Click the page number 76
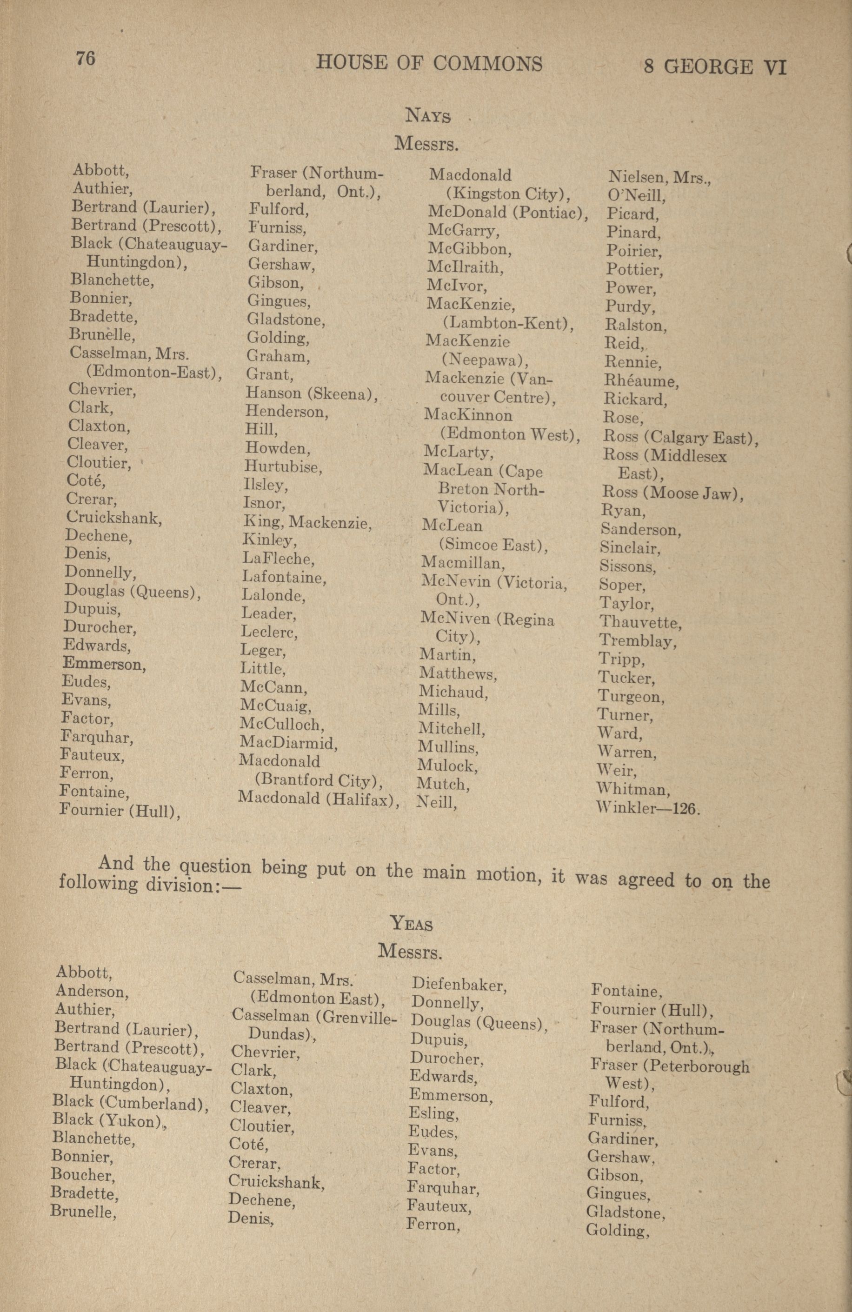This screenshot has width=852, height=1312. tap(86, 59)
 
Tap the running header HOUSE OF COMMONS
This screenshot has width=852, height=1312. tap(429, 63)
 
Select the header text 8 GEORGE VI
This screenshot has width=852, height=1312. tap(714, 67)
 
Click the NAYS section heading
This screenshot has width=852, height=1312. tap(428, 116)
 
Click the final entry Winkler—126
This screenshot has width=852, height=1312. tap(647, 809)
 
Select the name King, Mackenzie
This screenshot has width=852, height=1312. tap(307, 521)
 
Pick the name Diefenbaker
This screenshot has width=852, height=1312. tap(459, 985)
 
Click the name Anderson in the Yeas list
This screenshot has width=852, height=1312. tap(92, 991)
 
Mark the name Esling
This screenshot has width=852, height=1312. tap(433, 1113)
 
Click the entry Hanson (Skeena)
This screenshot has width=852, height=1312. tap(312, 393)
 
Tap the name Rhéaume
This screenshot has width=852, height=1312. tap(641, 381)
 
